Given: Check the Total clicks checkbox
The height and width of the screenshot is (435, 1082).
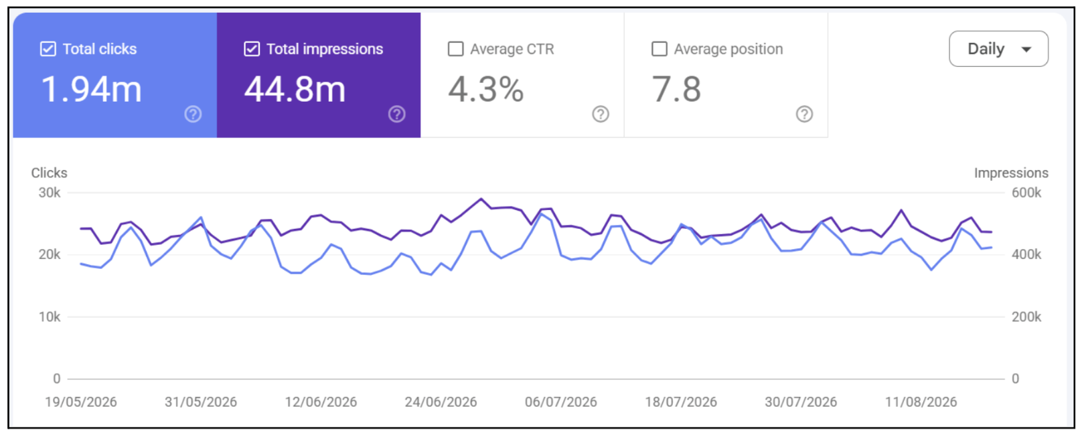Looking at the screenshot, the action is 48,49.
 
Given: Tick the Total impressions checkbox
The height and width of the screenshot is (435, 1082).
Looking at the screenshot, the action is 252,49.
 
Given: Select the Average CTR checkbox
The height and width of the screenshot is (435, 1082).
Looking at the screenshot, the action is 455,49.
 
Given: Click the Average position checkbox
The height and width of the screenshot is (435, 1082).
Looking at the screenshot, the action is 660,49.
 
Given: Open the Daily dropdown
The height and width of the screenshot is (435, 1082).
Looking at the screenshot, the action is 998,49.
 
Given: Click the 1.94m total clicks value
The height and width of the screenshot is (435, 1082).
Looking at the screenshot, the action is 91,89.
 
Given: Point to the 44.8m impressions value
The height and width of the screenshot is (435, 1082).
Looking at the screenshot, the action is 295,89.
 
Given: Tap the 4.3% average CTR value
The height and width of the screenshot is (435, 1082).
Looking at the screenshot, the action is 486,89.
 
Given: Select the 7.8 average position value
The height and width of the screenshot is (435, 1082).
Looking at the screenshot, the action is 676,89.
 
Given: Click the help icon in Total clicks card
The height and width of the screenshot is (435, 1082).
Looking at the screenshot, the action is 194,114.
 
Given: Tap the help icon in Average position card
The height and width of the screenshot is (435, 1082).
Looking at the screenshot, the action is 804,114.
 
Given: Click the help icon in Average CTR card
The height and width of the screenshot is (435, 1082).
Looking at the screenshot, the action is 601,114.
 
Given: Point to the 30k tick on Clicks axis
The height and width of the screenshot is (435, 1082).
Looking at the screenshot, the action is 50,193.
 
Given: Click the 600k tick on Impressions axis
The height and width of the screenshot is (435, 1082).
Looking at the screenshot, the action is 1026,193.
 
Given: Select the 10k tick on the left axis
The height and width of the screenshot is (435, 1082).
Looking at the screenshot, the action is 50,317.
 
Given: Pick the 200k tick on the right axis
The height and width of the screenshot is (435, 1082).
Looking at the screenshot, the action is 1026,317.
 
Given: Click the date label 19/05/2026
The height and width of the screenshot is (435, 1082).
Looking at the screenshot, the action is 81,402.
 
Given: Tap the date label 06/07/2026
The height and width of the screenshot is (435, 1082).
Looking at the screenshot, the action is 561,402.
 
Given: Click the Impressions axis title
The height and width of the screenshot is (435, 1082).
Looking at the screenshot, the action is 1011,173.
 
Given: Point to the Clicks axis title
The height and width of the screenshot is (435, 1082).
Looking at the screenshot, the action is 50,173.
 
